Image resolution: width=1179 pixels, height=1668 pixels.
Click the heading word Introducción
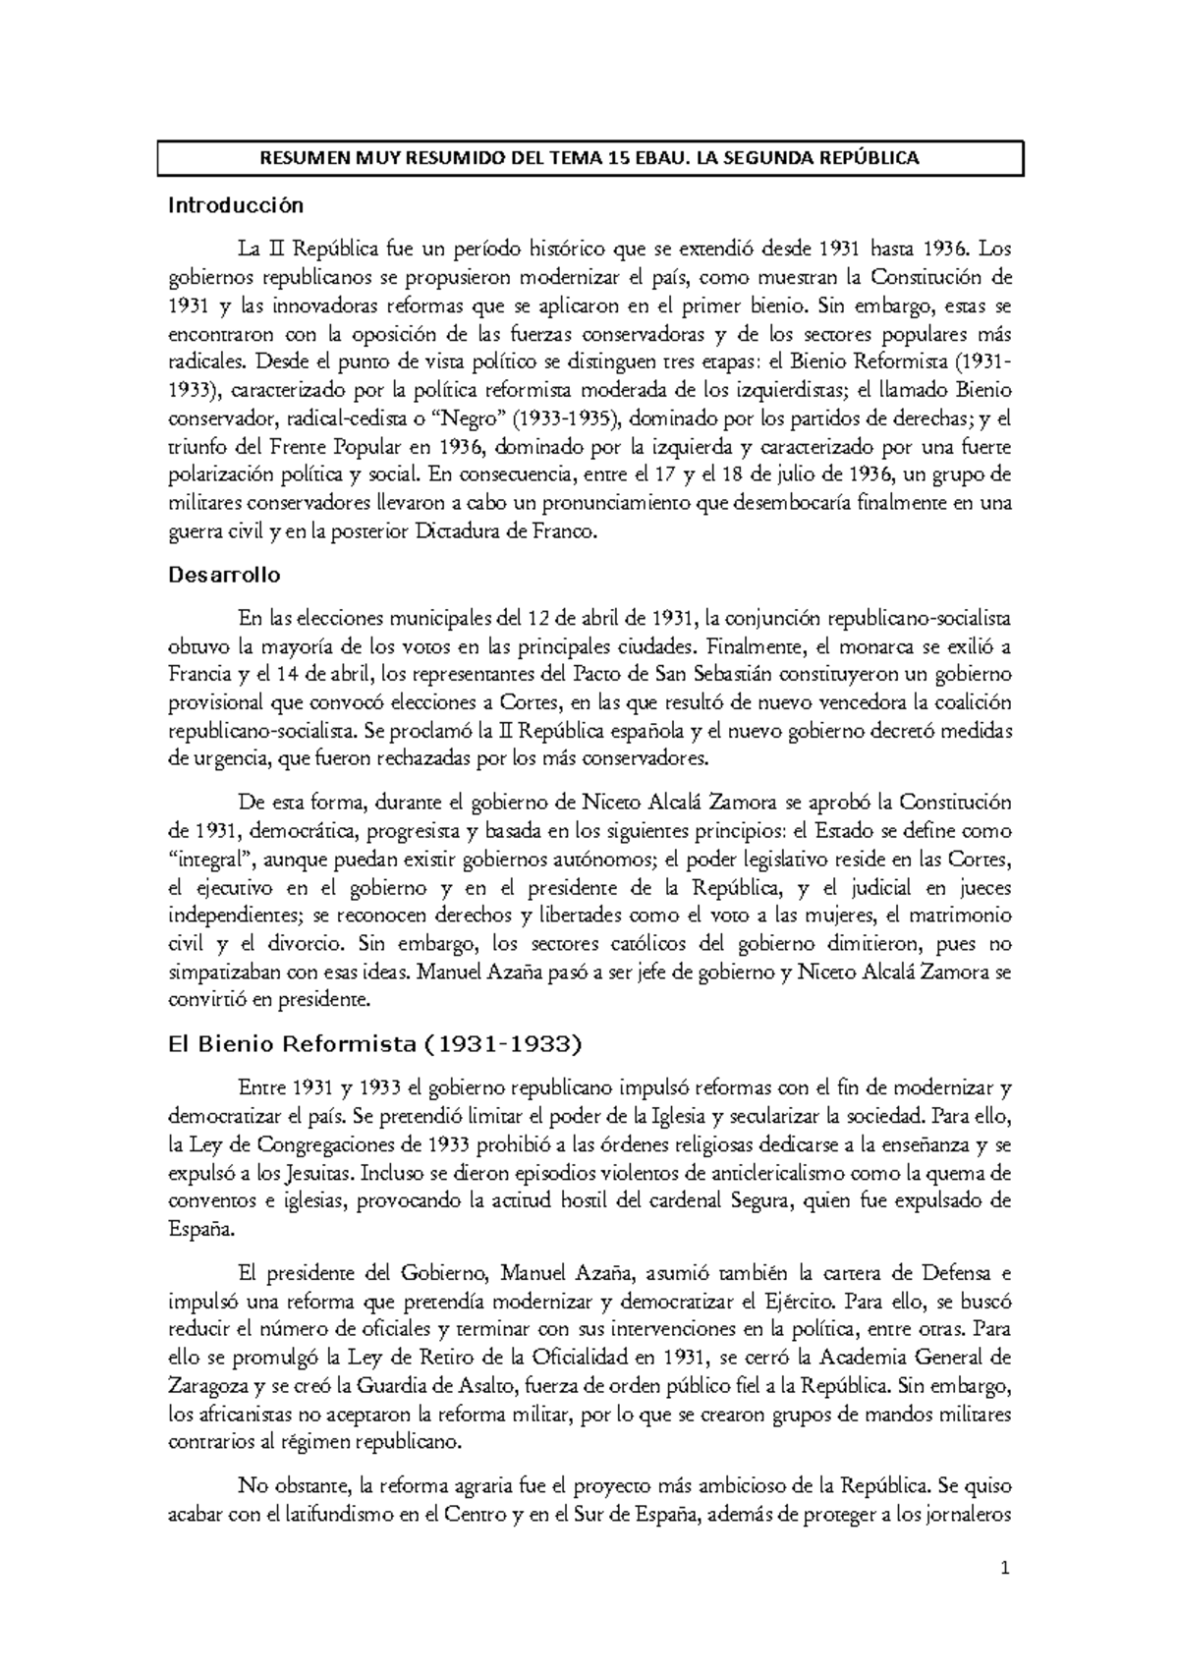[236, 206]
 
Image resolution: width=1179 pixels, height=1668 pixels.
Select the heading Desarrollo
[225, 575]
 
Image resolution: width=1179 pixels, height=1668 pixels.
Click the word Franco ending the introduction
[567, 531]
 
